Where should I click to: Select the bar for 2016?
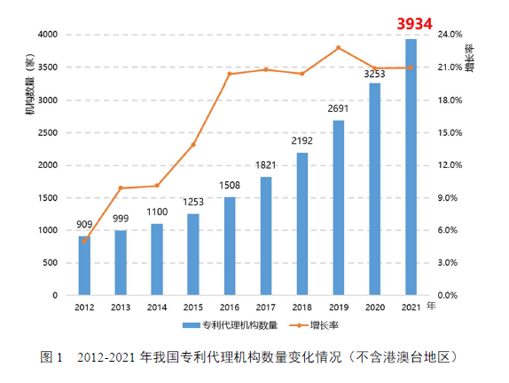click(x=230, y=246)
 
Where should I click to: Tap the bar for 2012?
click(x=84, y=266)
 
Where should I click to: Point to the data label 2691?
click(x=339, y=108)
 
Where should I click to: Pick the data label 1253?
click(x=193, y=203)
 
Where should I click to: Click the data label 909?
click(x=84, y=225)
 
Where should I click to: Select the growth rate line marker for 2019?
click(x=339, y=48)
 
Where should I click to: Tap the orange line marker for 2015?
click(x=193, y=145)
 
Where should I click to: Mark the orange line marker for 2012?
click(x=84, y=240)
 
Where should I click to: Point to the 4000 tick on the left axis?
click(x=48, y=35)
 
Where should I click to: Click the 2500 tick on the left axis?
click(x=48, y=132)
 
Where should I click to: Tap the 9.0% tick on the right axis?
click(x=450, y=197)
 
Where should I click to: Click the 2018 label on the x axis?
click(x=302, y=307)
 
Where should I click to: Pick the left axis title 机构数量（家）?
click(x=30, y=84)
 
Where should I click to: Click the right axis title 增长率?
click(x=469, y=57)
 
